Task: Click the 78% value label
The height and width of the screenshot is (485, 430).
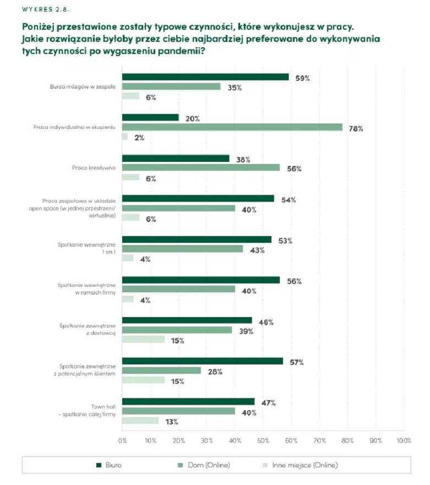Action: pyautogui.click(x=356, y=129)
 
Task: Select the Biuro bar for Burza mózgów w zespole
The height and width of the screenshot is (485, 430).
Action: pyautogui.click(x=205, y=77)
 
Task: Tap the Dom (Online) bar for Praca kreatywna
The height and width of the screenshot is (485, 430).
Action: pyautogui.click(x=200, y=167)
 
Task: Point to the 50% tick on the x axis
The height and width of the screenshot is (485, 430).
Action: pyautogui.click(x=263, y=440)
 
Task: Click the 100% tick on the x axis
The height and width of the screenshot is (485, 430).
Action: pyautogui.click(x=404, y=440)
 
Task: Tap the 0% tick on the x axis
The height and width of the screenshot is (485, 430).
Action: pyautogui.click(x=122, y=440)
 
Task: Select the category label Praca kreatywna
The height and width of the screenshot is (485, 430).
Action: pyautogui.click(x=94, y=168)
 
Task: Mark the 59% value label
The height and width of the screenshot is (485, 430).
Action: pyautogui.click(x=303, y=78)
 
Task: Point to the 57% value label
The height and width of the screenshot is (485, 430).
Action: pyautogui.click(x=297, y=362)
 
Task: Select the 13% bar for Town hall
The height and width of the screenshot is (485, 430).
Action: pyautogui.click(x=140, y=421)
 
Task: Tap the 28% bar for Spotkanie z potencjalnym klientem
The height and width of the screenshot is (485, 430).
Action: pyautogui.click(x=161, y=370)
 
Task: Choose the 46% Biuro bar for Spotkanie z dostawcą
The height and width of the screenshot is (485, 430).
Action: pyautogui.click(x=187, y=320)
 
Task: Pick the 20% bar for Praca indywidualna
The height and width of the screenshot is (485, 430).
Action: pyautogui.click(x=150, y=117)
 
